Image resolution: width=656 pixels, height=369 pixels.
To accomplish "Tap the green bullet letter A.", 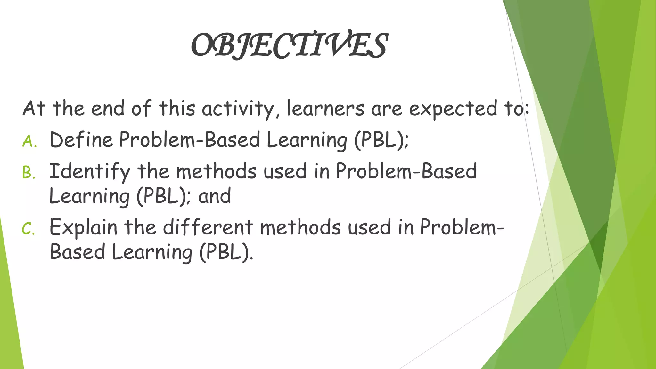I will (29, 141).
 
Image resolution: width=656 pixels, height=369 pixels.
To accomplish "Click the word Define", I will (81, 140).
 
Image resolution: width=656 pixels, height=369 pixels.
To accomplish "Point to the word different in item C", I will (208, 227).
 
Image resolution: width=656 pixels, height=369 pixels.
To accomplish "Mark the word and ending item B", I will (214, 196).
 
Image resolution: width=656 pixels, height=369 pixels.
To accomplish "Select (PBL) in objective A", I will (381, 140).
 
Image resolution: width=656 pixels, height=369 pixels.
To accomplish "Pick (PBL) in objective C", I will (225, 252).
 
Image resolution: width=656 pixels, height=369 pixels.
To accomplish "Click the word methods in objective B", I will (216, 171).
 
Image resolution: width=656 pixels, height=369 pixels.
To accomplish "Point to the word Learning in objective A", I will (307, 141).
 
